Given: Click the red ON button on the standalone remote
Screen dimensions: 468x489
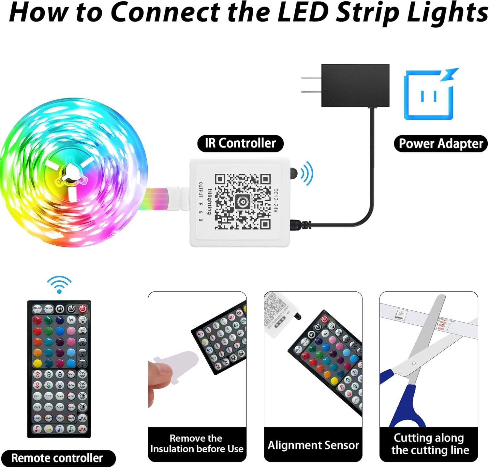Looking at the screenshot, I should (82, 309).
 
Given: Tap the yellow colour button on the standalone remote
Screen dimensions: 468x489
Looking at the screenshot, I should (37, 363).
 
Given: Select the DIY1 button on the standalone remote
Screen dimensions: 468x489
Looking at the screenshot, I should (37, 396).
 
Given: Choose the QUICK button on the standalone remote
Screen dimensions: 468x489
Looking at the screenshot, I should (71, 374).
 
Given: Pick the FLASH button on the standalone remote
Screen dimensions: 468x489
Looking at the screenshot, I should (71, 407).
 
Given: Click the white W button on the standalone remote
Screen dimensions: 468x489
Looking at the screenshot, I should (71, 320).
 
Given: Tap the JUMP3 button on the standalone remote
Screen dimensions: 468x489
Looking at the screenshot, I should (37, 418).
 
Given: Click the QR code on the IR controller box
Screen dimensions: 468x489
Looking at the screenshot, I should (243, 202).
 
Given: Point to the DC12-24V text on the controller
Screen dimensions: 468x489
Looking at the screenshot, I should (275, 201).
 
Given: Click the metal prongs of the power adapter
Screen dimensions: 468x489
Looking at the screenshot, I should (311, 85).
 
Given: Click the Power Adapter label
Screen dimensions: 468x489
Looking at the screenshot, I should (441, 144).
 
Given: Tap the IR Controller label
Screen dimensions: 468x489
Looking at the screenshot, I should (240, 143).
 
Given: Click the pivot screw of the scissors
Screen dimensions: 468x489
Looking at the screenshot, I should (413, 363).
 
